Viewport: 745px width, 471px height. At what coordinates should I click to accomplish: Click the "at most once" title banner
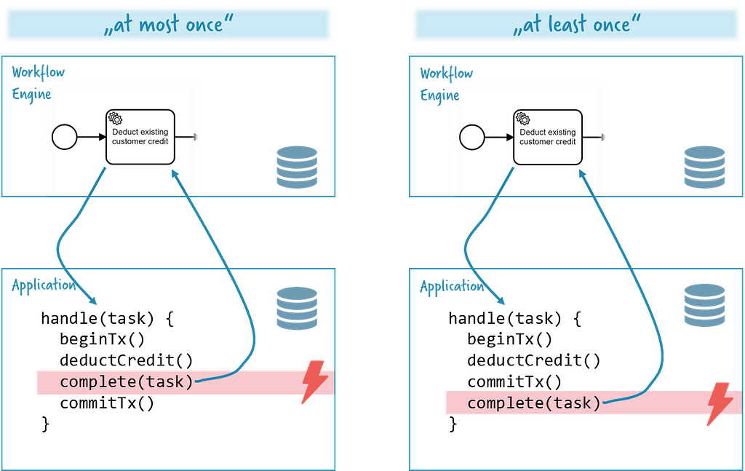(168, 24)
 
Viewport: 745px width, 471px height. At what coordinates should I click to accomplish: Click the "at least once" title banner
(576, 24)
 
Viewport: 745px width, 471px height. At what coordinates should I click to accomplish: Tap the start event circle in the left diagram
(65, 137)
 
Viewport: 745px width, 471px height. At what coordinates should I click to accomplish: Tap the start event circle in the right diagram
(472, 138)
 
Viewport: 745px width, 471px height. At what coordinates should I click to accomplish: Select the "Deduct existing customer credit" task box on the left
(140, 137)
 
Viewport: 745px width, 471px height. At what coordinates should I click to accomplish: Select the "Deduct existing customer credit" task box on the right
(548, 138)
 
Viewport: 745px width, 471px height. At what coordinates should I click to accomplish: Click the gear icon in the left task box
(116, 118)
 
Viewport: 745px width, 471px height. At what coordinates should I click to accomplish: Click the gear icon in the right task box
(523, 119)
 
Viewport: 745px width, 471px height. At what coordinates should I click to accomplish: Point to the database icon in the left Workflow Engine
(297, 167)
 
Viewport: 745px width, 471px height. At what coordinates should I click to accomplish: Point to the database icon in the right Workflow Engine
(704, 167)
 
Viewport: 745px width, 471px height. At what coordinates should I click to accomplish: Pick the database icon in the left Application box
(297, 308)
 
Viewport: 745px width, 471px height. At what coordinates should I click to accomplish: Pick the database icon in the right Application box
(704, 305)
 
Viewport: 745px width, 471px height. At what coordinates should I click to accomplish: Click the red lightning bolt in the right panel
(720, 403)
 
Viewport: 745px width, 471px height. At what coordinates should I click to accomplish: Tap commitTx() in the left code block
(107, 403)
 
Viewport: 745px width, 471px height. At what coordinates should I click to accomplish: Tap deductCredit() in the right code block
(534, 361)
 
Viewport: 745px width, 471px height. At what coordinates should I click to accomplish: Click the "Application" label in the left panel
(44, 285)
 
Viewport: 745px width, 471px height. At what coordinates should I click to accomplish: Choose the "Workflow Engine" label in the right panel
(447, 85)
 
